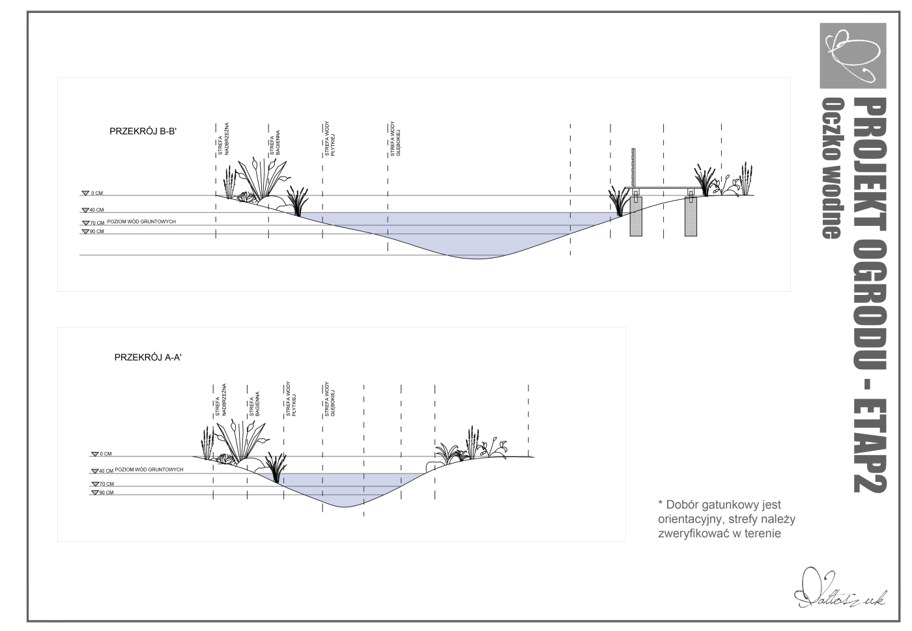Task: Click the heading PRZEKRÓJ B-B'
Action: point(143,132)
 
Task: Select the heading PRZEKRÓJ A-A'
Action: point(147,357)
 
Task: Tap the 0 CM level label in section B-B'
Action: point(96,193)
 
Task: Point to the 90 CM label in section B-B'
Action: point(96,231)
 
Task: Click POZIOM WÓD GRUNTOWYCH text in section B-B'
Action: point(141,222)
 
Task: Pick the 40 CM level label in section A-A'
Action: point(106,470)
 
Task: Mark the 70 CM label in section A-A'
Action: point(106,484)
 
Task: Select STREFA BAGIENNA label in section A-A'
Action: point(255,404)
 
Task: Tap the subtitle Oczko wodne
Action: point(832,168)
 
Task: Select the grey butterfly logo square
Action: point(853,55)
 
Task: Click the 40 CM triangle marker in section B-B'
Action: point(85,210)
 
